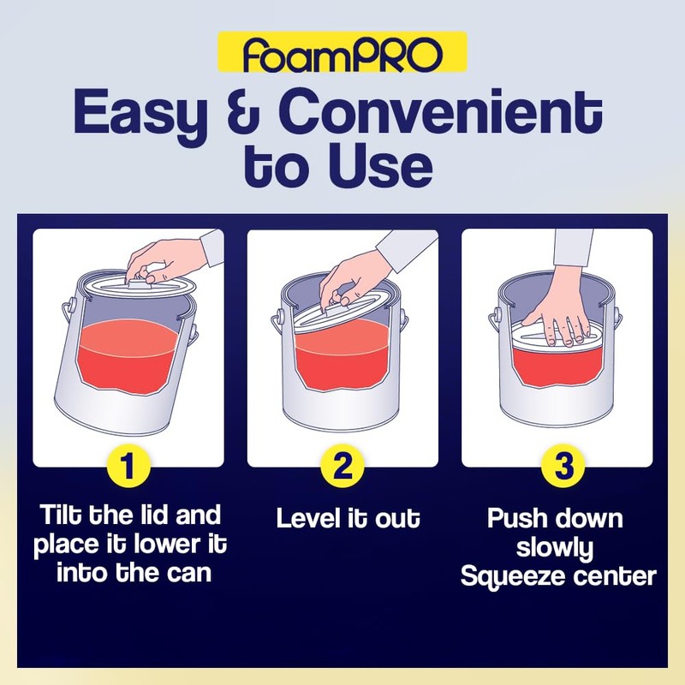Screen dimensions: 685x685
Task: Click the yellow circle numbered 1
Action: tap(128, 468)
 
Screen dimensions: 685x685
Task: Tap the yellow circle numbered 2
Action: tap(342, 468)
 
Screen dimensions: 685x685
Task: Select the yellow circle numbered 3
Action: tap(557, 468)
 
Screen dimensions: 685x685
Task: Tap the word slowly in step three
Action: tap(557, 548)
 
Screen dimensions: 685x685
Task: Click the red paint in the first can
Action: tap(128, 360)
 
